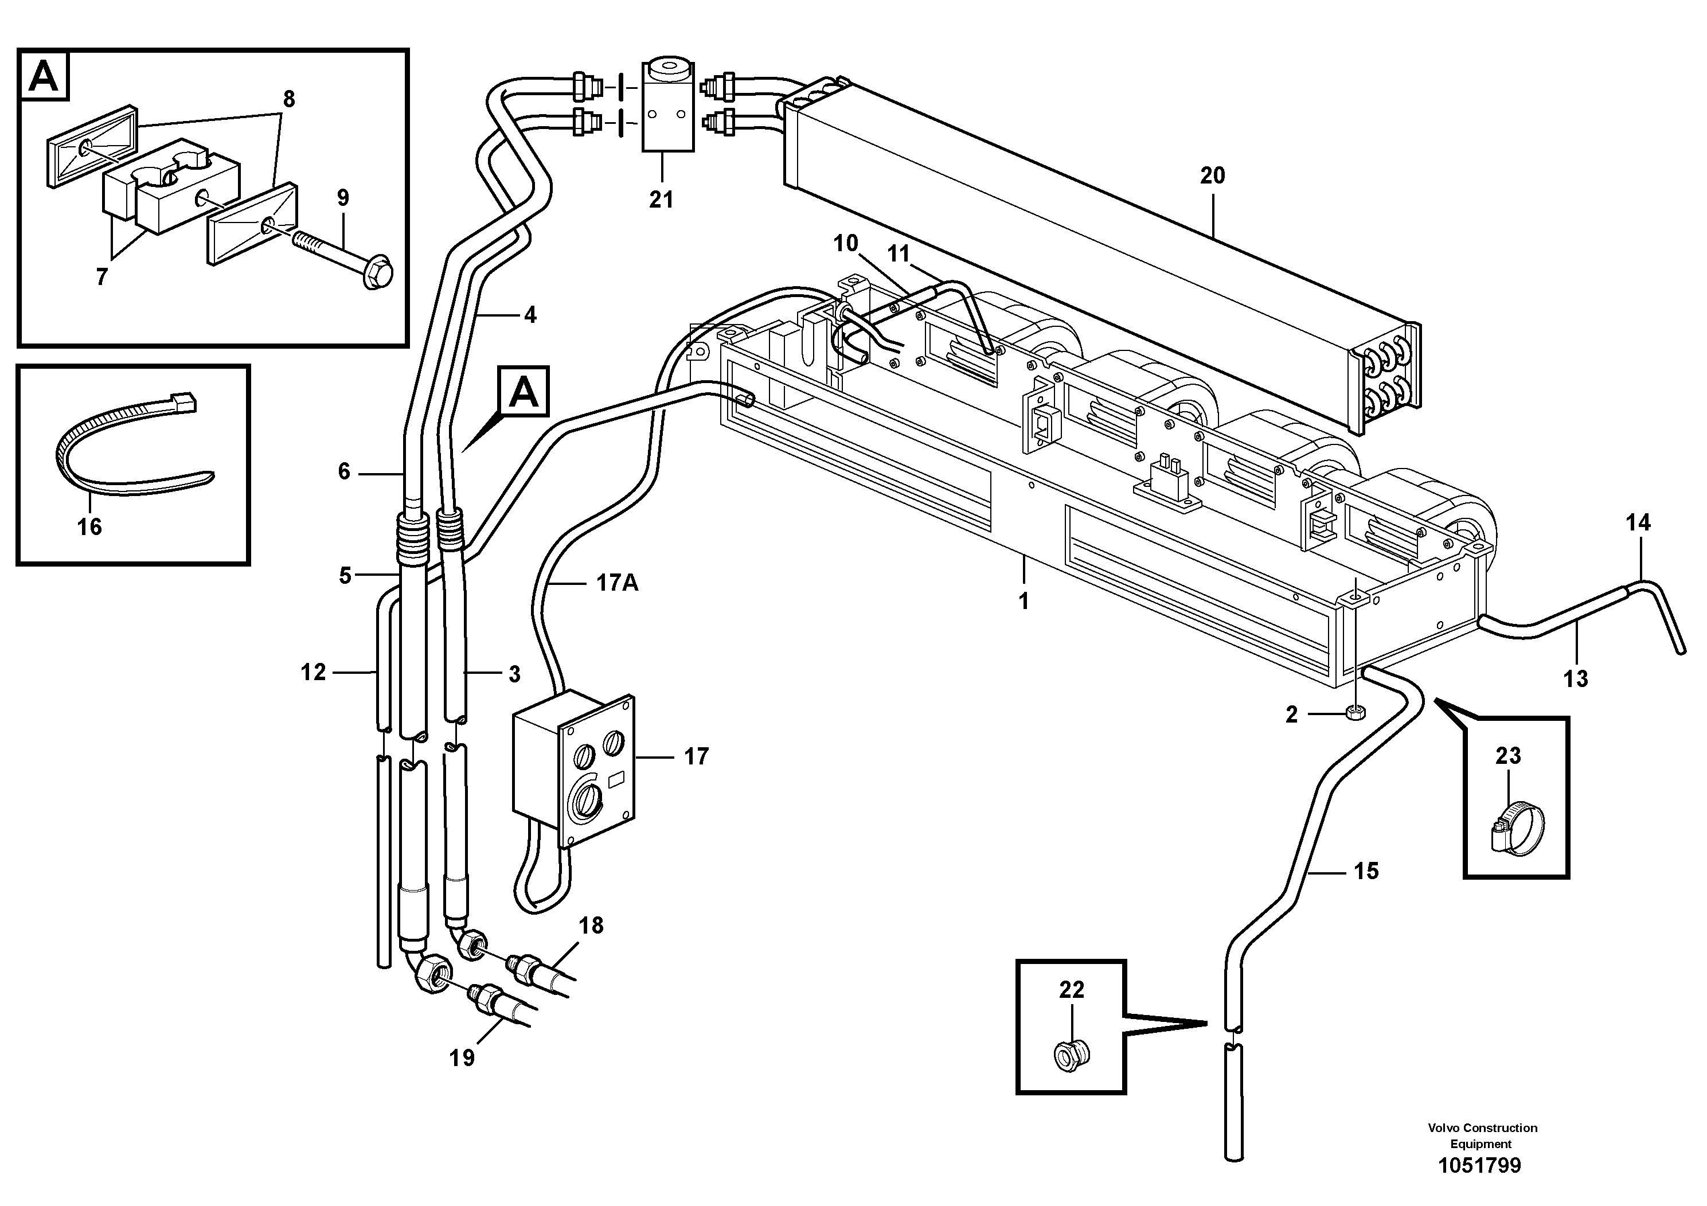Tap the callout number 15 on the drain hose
coord(1366,871)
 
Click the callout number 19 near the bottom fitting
coord(462,1057)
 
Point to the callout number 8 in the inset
coord(288,99)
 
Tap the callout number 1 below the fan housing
coord(1024,601)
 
